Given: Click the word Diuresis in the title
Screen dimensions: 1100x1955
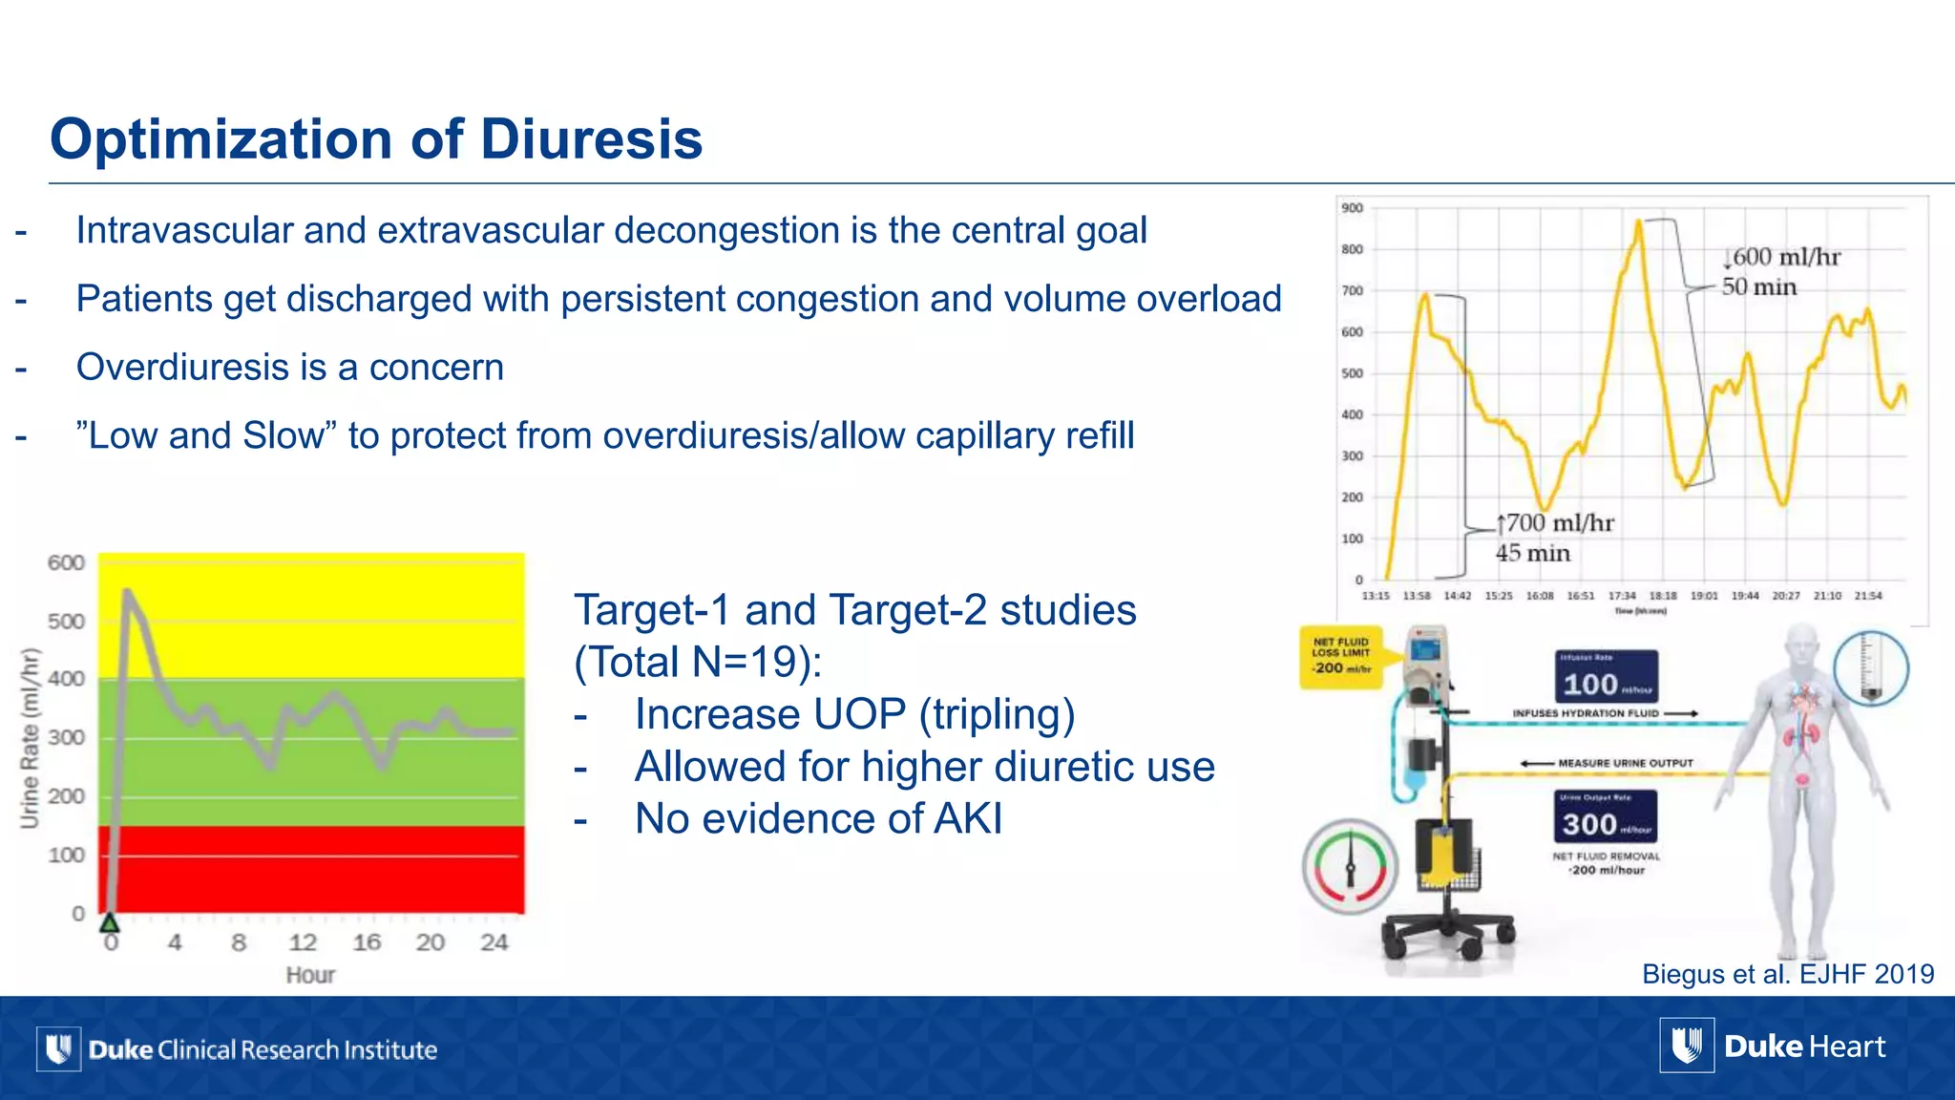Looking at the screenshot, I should pos(591,139).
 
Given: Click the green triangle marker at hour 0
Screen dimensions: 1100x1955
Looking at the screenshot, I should pos(110,922).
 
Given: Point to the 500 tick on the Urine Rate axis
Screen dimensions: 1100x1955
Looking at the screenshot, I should pos(66,622).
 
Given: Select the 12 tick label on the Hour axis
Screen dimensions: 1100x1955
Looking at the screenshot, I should pos(303,943).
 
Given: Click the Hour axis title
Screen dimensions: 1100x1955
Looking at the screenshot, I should pos(310,975).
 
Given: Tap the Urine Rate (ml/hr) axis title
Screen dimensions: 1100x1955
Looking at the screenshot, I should pos(31,737).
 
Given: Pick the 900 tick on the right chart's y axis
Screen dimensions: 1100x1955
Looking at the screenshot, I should pos(1352,208).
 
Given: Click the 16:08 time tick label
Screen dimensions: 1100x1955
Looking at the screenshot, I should pos(1540,596).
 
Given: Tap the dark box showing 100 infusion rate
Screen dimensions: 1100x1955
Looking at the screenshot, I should pos(1608,678).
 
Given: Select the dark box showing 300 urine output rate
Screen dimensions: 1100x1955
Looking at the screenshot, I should pos(1608,817).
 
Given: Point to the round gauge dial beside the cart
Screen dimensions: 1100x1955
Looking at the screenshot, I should pos(1350,867).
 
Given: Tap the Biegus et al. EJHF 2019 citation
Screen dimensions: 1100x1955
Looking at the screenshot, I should pos(1787,974).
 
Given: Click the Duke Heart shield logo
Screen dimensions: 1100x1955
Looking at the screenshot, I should pos(1687,1047).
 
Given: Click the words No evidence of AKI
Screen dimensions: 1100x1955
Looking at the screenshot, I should pos(818,819).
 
